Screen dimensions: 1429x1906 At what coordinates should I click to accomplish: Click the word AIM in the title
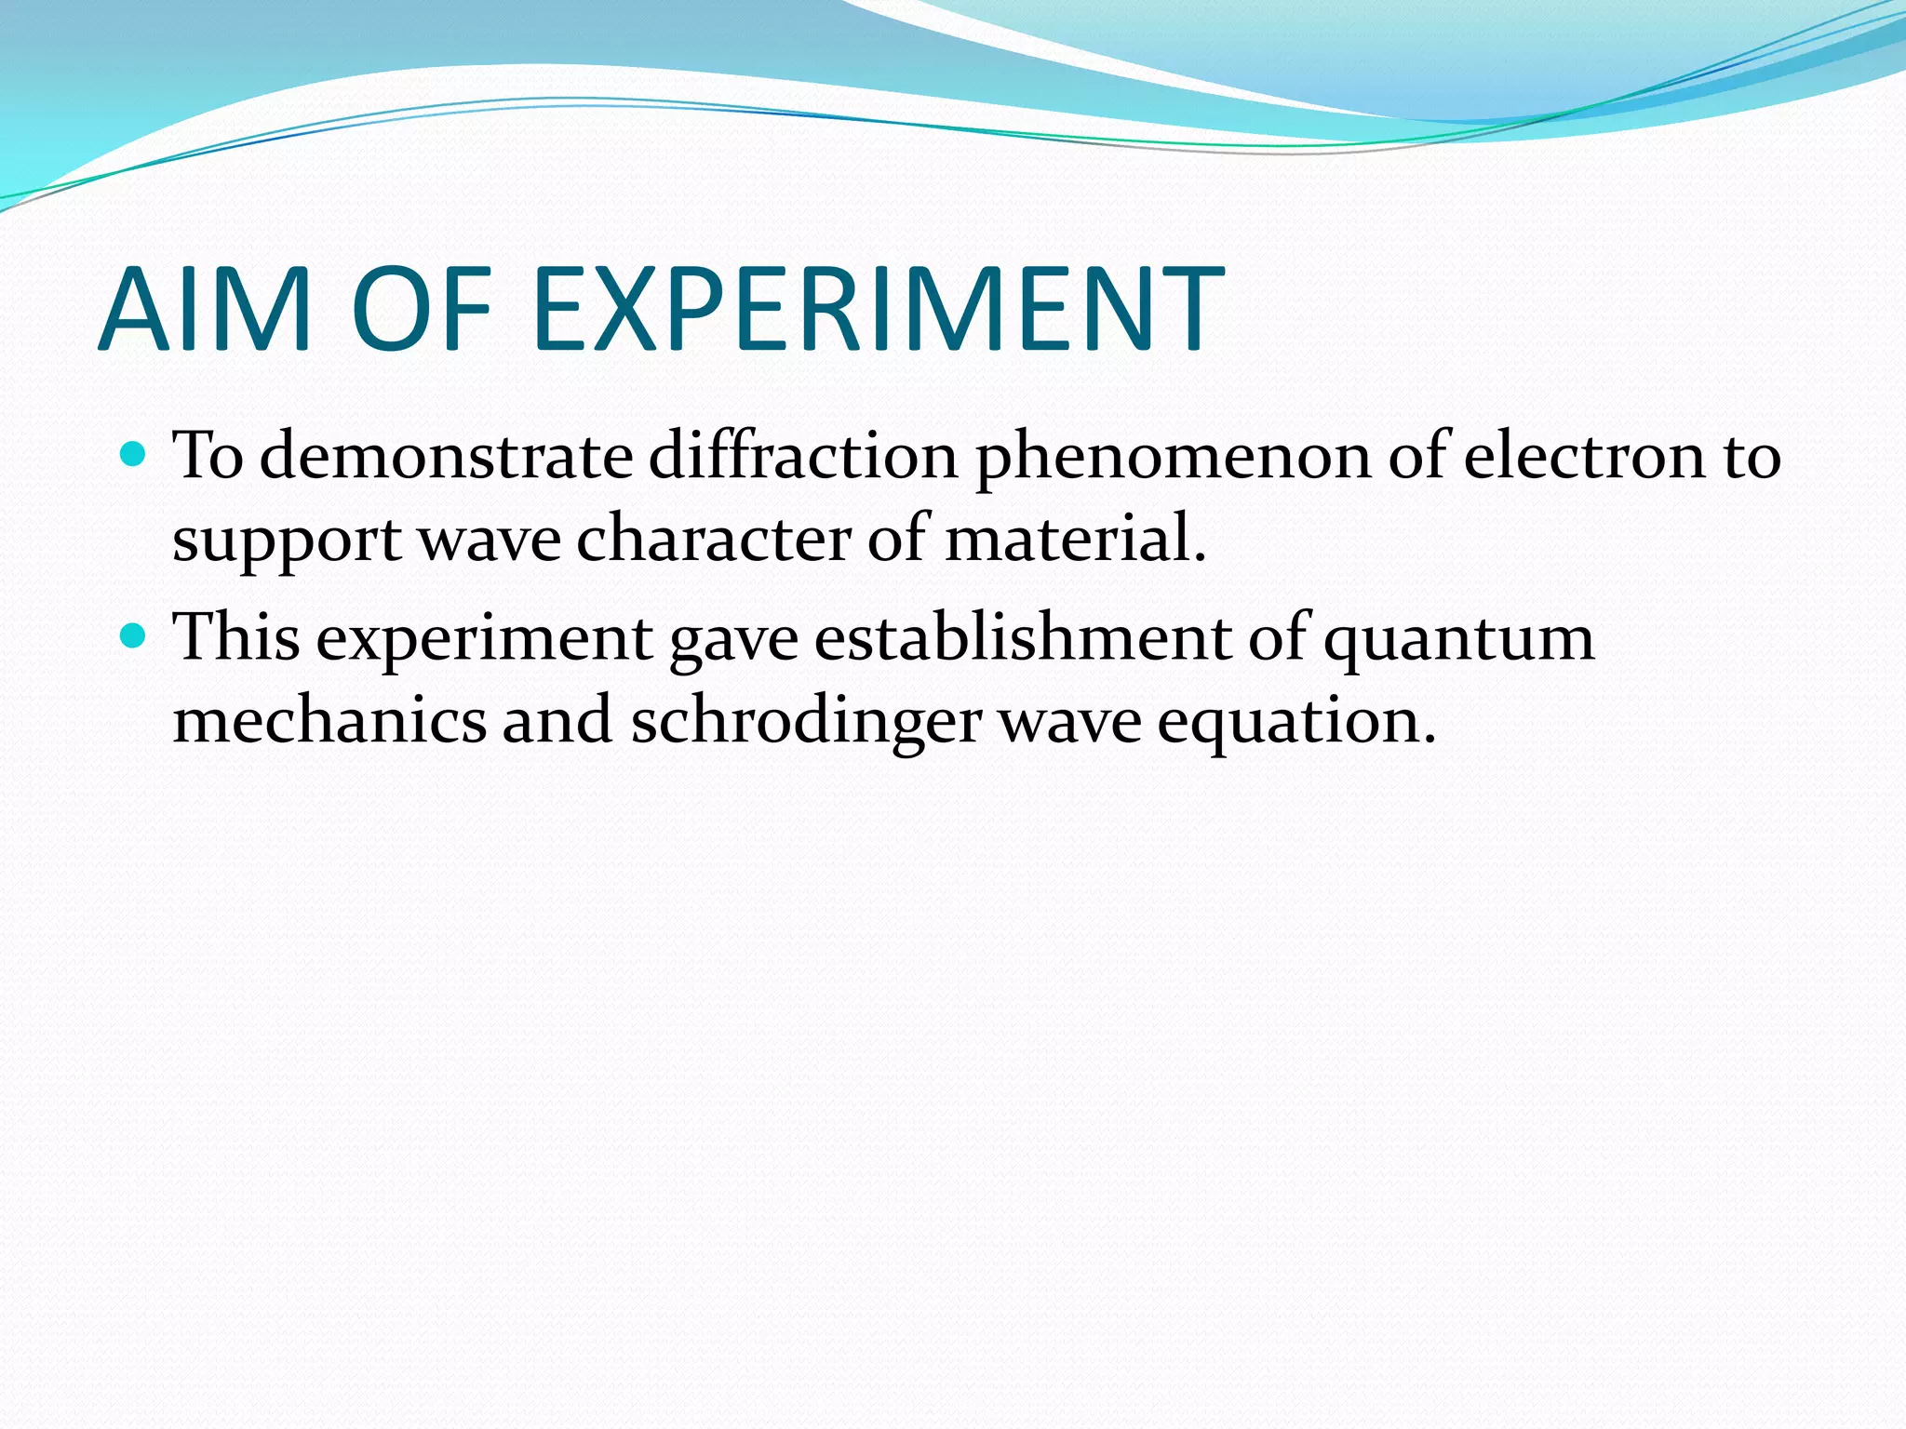click(204, 309)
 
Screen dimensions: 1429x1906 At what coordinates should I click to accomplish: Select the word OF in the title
click(421, 309)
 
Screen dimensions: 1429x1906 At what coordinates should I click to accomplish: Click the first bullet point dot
click(135, 455)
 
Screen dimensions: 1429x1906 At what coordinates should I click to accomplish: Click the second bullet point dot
click(135, 636)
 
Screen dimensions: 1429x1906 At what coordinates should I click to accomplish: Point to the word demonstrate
click(446, 457)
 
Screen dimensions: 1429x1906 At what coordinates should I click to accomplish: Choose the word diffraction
click(803, 457)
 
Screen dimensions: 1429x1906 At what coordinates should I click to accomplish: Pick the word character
click(713, 540)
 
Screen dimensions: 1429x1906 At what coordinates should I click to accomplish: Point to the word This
click(238, 638)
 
